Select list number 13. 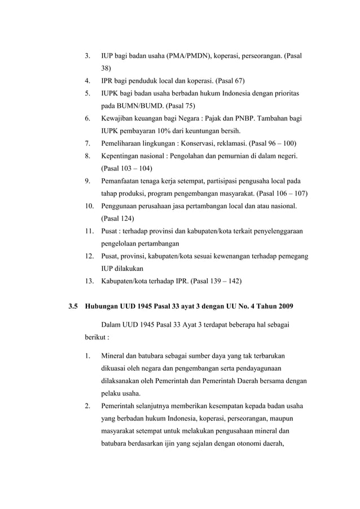[89, 280]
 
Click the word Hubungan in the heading [103, 308]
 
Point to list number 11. [89, 232]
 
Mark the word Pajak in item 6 [215, 119]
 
